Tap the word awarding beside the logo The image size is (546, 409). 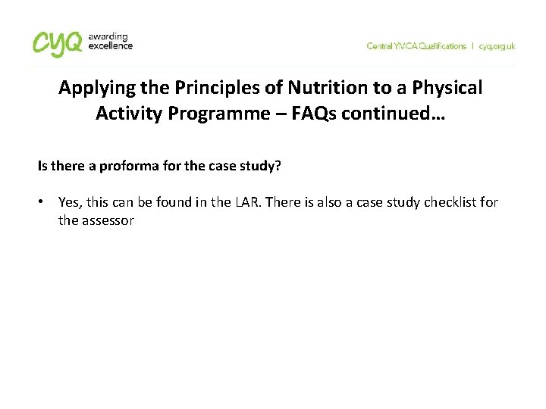click(107, 36)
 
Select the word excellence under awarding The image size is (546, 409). click(111, 46)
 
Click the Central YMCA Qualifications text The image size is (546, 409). click(416, 46)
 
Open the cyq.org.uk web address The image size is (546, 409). click(497, 46)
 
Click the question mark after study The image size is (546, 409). click(278, 165)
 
